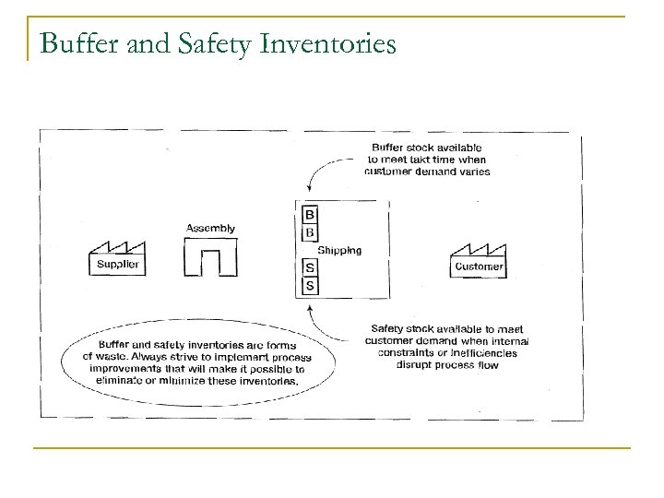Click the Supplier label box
[x=117, y=266]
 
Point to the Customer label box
[x=480, y=267]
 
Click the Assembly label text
[x=210, y=228]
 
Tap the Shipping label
[x=338, y=250]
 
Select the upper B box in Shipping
[x=309, y=216]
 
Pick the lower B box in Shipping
[x=309, y=233]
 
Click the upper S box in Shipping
[x=309, y=268]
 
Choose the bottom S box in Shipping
[x=309, y=286]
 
